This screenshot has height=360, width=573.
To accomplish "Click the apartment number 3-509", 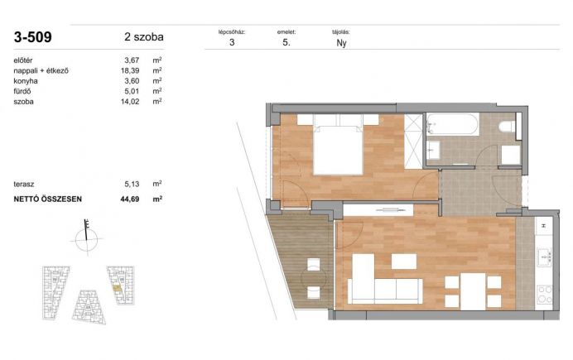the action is pos(33,37).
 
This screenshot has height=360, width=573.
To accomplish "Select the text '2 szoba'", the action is pos(144,37).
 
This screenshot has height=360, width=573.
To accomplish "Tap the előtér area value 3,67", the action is pos(132,60).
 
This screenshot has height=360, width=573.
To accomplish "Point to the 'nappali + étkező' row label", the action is pos(41,70).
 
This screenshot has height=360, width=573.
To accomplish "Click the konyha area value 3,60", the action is pos(132,81).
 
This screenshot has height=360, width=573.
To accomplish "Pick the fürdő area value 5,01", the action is pos(132,91).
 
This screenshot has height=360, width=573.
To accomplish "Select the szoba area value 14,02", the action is pos(130,102).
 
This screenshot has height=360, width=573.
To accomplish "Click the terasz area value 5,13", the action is pos(132,184).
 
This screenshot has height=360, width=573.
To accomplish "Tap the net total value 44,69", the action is pos(130,199).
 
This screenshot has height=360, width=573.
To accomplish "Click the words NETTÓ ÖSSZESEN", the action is pos(47,199).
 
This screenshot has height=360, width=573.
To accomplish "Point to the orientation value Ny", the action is pos(341,43).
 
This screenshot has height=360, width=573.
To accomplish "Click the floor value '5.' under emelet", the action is pos(286,42).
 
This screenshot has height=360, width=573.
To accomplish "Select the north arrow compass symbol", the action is pos(87,238).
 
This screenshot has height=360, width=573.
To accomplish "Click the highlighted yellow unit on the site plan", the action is pos(117,288).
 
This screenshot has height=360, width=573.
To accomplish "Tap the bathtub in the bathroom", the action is pos(452,124).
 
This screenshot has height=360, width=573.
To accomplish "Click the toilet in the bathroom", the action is pos(507,127).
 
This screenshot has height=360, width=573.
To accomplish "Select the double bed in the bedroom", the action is pos(339,145).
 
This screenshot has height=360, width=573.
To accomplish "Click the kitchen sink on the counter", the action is pos(544,257).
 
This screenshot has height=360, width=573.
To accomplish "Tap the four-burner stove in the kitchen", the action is pos(544,295).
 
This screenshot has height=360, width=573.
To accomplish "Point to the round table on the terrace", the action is pos(314,278).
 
